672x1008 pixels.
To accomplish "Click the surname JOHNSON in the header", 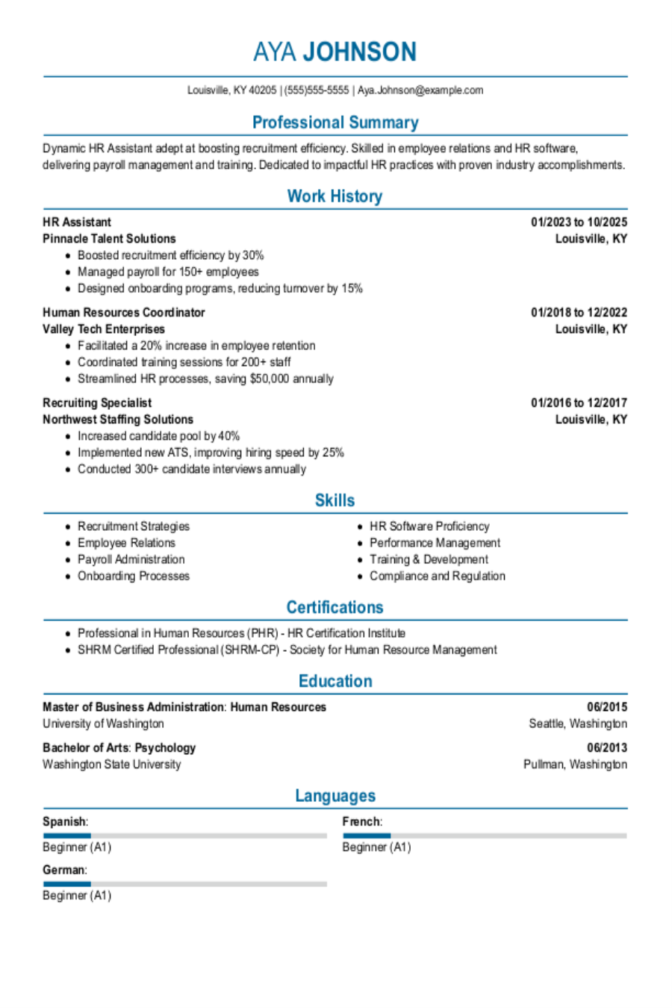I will (359, 52).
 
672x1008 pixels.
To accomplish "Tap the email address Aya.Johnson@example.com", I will (420, 90).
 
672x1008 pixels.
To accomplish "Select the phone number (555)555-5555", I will (317, 90).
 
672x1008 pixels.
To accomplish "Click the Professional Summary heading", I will (335, 122).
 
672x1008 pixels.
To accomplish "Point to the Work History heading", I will (335, 196).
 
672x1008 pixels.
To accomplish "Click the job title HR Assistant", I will (77, 222).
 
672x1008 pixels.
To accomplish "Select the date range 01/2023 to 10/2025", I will (579, 222).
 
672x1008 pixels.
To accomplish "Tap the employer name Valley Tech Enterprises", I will (104, 329).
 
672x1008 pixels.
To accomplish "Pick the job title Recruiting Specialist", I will (97, 402).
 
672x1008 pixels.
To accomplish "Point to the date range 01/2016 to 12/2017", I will (579, 402).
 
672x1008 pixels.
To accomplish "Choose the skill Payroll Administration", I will (131, 559).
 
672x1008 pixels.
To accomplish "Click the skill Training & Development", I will (429, 559).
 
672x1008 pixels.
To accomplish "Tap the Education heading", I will (335, 681).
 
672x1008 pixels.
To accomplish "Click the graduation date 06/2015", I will (606, 706).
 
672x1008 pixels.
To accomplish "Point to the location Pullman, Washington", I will (575, 764).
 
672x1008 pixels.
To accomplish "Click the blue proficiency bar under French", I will (367, 836).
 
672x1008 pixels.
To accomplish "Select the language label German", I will (63, 870).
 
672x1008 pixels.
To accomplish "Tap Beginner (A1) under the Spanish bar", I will (77, 847).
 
